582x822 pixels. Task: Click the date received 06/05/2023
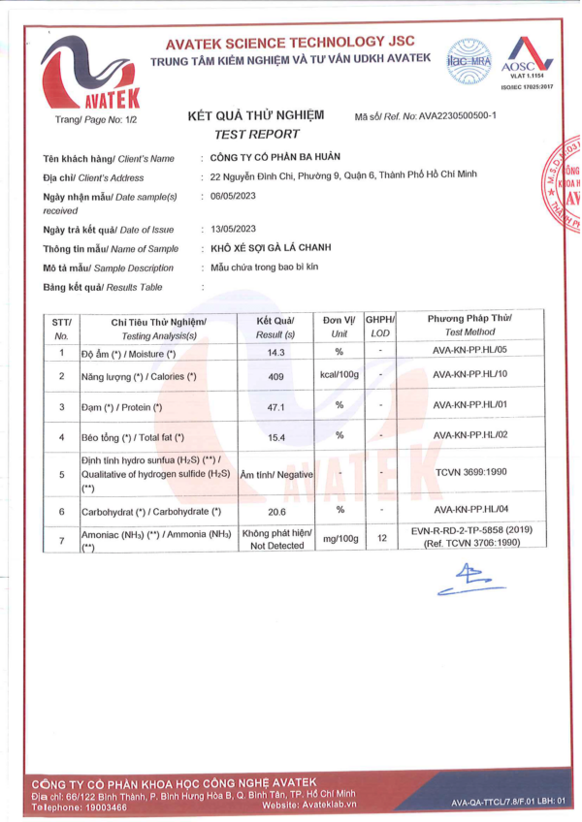[233, 196]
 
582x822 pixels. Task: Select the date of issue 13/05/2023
[233, 229]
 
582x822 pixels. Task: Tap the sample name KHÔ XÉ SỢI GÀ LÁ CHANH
[268, 248]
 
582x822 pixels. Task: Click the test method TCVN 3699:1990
[472, 473]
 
